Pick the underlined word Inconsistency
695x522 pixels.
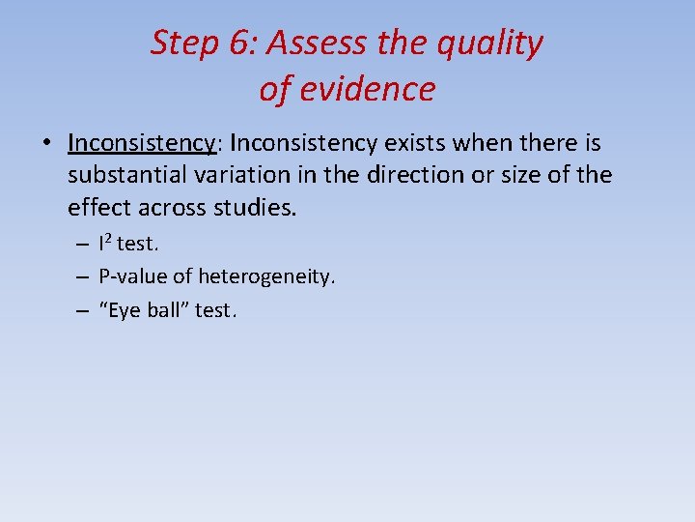pos(142,144)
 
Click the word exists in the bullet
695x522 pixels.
pos(417,143)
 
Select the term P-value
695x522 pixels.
pos(132,277)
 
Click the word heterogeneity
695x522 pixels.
pos(266,278)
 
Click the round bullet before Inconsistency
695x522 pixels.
pos(46,144)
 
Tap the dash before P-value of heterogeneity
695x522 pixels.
pos(84,277)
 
